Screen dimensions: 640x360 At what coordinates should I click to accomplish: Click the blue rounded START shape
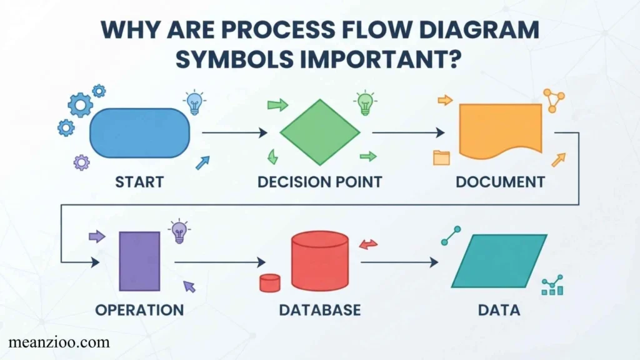pyautogui.click(x=139, y=133)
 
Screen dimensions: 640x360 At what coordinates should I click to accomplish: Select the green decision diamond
pyautogui.click(x=319, y=132)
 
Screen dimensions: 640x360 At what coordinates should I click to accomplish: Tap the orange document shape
pyautogui.click(x=501, y=131)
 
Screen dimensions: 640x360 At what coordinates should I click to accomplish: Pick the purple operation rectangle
pyautogui.click(x=139, y=261)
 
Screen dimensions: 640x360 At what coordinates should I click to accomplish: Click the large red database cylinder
pyautogui.click(x=320, y=261)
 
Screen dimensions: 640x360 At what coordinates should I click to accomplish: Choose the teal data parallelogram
pyautogui.click(x=499, y=261)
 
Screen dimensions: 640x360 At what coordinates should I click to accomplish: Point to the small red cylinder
pyautogui.click(x=270, y=283)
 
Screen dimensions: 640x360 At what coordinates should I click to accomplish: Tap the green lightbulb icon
pyautogui.click(x=365, y=103)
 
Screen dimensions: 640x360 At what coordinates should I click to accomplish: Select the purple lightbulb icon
pyautogui.click(x=179, y=231)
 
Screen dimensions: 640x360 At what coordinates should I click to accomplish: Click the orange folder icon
pyautogui.click(x=441, y=157)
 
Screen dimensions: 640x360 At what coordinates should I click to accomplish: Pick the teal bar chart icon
pyautogui.click(x=552, y=285)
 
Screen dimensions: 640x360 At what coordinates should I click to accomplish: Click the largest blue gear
pyautogui.click(x=80, y=105)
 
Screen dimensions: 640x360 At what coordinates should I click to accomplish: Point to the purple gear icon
pyautogui.click(x=82, y=162)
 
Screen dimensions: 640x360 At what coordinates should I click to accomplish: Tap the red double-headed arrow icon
pyautogui.click(x=368, y=244)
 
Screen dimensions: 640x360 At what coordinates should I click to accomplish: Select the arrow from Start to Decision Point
pyautogui.click(x=235, y=132)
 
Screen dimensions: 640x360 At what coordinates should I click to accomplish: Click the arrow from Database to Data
pyautogui.click(x=399, y=262)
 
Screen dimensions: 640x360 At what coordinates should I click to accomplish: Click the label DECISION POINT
pyautogui.click(x=319, y=182)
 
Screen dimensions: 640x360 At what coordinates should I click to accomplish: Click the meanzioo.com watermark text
pyautogui.click(x=59, y=342)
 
